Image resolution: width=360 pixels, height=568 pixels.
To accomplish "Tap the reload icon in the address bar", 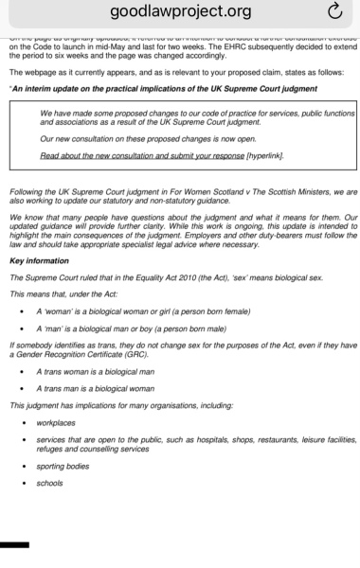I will (333, 12).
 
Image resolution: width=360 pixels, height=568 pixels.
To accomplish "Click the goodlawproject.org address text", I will (180, 12).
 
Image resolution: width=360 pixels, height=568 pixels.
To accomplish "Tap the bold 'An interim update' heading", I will (161, 87).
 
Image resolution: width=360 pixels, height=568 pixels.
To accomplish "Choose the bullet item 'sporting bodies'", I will (63, 467).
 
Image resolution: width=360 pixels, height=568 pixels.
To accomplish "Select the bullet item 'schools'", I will (50, 483).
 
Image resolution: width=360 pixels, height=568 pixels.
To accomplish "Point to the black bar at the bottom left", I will (14, 545).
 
